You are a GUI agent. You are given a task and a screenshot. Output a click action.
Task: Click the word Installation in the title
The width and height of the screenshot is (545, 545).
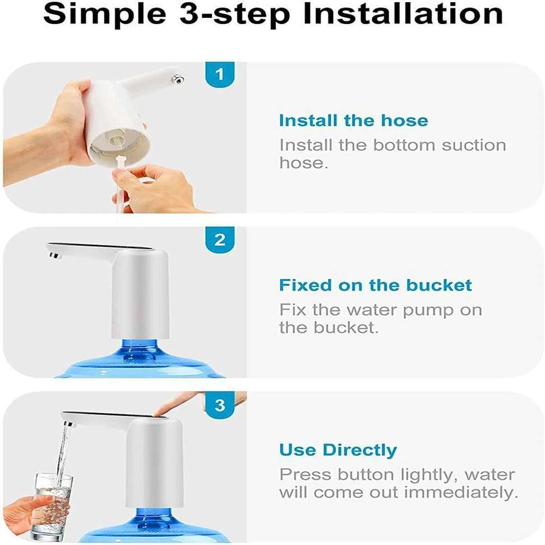403,14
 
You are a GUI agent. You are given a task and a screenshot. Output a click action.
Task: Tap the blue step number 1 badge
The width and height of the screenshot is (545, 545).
220,75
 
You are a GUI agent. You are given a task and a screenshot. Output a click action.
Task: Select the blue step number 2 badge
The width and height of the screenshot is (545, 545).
220,240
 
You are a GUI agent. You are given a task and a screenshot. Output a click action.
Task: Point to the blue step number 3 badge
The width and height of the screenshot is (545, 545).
220,405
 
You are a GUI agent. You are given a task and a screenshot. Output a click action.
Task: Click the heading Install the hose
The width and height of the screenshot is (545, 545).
353,121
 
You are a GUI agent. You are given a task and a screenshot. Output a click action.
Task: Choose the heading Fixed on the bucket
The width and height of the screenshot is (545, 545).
375,285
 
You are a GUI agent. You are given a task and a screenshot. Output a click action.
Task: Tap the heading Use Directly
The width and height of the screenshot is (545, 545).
338,450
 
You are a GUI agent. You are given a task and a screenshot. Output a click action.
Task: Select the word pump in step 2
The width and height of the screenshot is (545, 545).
428,311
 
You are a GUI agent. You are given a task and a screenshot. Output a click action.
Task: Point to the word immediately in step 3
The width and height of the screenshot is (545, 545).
461,492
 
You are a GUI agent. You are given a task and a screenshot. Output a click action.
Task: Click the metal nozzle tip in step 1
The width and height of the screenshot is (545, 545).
178,80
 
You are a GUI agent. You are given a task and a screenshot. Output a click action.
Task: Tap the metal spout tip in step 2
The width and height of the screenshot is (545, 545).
55,256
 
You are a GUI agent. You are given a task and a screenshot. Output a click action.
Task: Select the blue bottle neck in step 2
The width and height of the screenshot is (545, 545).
140,350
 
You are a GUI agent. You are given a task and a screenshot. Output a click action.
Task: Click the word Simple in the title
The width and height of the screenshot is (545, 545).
105,15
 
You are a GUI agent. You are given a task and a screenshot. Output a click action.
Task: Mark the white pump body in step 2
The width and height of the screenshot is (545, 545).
140,294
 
